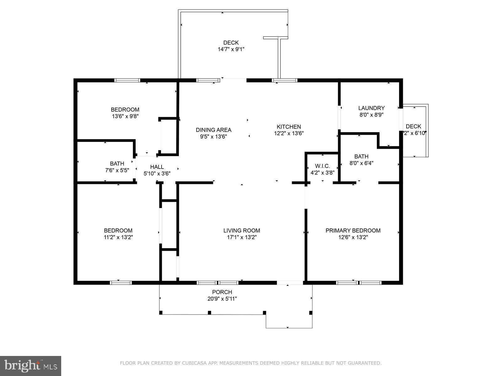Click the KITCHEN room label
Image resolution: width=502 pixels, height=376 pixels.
pos(289,127)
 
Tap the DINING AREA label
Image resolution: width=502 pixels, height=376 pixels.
pos(213,130)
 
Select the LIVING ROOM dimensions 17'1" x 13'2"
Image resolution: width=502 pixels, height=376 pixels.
pos(242,238)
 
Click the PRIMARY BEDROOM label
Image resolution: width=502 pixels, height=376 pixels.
pos(353,231)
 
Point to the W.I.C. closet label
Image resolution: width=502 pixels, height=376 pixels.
pos(323,166)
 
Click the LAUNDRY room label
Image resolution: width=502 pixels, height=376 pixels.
pos(371,108)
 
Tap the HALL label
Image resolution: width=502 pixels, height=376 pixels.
pos(157,167)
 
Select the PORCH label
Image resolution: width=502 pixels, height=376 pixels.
pos(222,292)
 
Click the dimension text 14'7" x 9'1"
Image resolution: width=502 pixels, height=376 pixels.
pos(231,49)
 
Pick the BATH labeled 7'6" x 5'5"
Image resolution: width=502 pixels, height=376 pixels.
pos(117,164)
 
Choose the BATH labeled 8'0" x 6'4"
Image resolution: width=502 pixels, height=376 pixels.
pos(361,156)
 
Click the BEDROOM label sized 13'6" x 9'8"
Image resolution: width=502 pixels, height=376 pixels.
pos(125,110)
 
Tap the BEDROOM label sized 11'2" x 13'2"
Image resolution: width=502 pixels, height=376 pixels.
pos(118,231)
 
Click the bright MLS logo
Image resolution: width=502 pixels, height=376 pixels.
pos(30,365)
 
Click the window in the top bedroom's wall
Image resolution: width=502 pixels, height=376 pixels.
pos(127,80)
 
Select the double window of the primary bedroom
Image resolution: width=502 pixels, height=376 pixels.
pos(359,283)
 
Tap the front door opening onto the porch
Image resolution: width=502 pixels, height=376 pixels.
pos(290,283)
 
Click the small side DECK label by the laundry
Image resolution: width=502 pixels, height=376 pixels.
pos(413,126)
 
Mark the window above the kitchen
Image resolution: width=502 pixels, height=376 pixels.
pos(285,80)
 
